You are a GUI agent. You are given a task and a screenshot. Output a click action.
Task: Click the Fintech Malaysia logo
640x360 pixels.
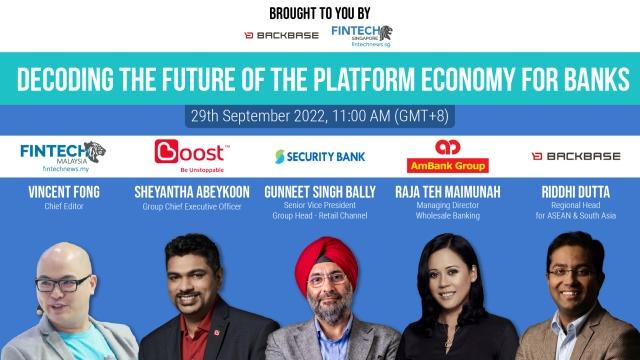pos(63,157)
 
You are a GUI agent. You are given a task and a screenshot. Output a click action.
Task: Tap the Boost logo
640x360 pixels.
pos(192,156)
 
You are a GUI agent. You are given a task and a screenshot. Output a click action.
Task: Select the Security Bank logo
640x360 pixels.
pos(320,157)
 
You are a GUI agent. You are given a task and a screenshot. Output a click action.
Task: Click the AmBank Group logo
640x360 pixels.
pos(448,156)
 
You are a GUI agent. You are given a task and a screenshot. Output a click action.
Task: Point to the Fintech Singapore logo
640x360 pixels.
pos(362,36)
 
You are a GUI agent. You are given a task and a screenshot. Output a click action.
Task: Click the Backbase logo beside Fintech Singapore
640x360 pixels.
pos(281,36)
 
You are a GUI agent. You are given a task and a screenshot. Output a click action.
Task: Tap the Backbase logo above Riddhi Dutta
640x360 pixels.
pos(576,156)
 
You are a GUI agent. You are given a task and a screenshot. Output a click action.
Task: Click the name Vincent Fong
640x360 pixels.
pos(64,192)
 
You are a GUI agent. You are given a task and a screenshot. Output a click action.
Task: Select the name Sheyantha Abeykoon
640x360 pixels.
pos(192,192)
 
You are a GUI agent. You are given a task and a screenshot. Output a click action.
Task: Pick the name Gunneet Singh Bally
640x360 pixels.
pos(320,192)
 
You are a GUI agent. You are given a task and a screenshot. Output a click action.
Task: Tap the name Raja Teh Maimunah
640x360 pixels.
pos(448,192)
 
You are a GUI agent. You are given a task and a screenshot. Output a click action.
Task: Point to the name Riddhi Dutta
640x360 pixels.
pos(576,192)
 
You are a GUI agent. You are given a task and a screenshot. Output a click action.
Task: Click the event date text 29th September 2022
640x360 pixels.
pos(258,116)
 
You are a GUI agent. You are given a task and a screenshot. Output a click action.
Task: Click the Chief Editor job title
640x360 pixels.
pos(64,207)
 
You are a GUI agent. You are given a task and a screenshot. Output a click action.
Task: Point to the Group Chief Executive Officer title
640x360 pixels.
pos(192,207)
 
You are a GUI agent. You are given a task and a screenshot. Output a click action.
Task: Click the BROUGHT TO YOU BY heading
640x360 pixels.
pos(320,13)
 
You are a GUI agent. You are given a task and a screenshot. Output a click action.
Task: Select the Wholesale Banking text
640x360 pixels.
pos(448,216)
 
